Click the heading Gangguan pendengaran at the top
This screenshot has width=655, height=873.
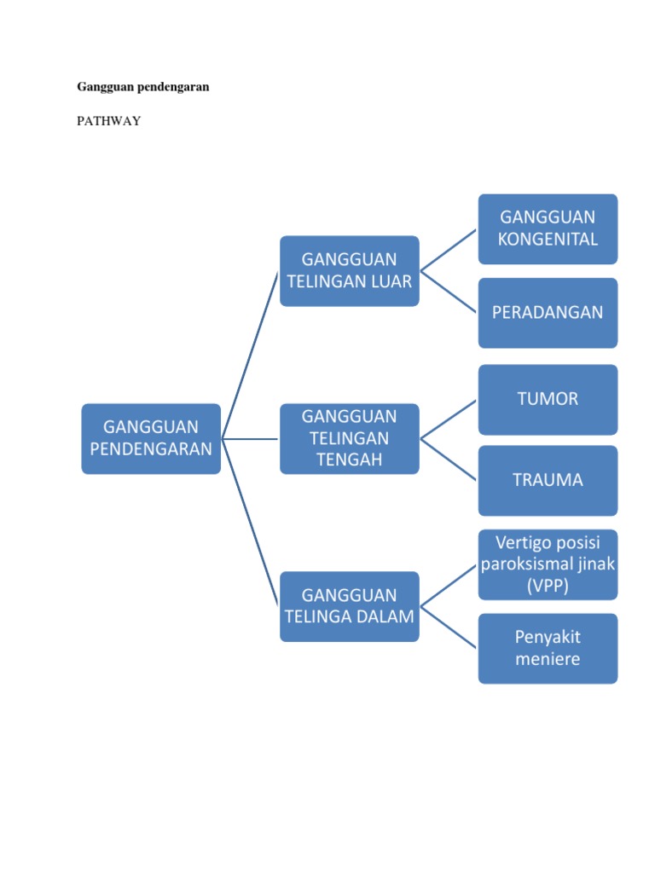click(143, 87)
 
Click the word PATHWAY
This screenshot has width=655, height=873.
click(109, 122)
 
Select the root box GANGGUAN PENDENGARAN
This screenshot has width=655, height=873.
click(151, 438)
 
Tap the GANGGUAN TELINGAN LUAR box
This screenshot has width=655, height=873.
click(350, 270)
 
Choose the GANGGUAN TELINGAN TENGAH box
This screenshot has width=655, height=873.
click(350, 438)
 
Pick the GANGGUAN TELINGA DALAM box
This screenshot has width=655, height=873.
click(350, 606)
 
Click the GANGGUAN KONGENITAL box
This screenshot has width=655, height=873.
click(548, 228)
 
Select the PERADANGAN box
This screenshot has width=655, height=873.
click(548, 312)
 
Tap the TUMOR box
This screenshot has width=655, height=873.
click(548, 399)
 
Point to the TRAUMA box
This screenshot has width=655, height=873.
click(548, 480)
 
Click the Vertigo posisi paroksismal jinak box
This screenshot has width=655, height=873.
click(548, 564)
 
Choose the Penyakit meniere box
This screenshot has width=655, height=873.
click(548, 648)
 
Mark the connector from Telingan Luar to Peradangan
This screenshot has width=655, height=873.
click(449, 292)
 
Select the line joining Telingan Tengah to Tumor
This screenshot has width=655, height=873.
click(449, 419)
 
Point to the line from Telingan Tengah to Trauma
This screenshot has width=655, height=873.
click(449, 460)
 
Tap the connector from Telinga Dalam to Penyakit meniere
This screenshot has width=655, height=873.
click(449, 627)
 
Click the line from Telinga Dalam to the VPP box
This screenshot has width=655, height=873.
click(449, 586)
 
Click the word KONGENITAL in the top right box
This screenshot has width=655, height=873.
click(548, 239)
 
